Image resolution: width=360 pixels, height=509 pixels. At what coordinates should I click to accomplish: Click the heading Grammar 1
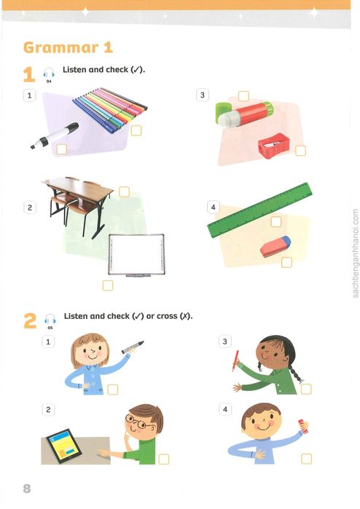click(x=68, y=48)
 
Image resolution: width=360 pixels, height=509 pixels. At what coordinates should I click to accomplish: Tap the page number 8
click(x=27, y=488)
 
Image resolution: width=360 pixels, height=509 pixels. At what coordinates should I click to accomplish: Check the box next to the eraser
click(x=286, y=261)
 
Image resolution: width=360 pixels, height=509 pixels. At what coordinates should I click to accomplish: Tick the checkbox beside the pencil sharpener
click(x=301, y=151)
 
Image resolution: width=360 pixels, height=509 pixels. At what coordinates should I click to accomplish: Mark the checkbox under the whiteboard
click(x=108, y=285)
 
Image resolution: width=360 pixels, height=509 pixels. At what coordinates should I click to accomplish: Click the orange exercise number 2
click(x=30, y=321)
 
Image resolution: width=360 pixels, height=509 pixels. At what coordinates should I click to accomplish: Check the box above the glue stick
click(x=243, y=95)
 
